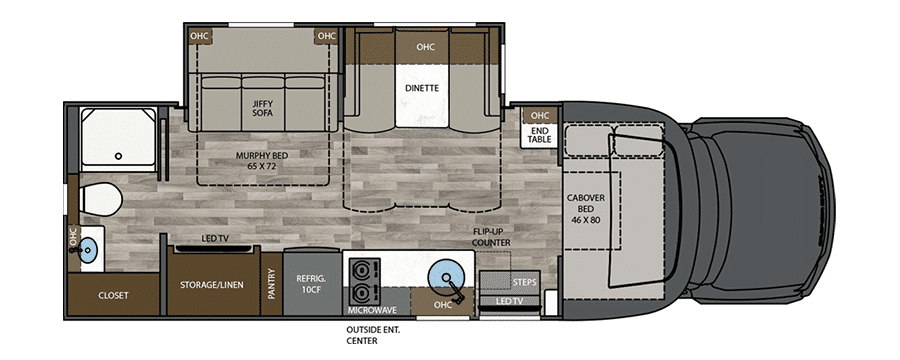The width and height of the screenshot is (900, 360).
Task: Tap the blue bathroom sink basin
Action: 88,249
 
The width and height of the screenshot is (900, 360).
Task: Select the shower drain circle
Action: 118,156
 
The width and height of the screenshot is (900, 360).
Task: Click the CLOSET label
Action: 113,296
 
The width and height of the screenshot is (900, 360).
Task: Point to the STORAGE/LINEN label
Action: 212,285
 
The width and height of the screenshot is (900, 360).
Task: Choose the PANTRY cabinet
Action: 271,284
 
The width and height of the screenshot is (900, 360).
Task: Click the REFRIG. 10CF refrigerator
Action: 312,282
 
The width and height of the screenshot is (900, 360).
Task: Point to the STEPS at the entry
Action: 509,282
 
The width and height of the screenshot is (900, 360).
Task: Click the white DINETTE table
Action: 422,95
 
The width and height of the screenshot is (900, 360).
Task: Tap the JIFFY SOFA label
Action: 262,109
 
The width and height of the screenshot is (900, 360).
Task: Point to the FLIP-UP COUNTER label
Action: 491,237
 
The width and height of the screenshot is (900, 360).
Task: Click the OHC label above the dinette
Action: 425,47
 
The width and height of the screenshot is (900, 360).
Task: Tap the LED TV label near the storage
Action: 215,238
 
